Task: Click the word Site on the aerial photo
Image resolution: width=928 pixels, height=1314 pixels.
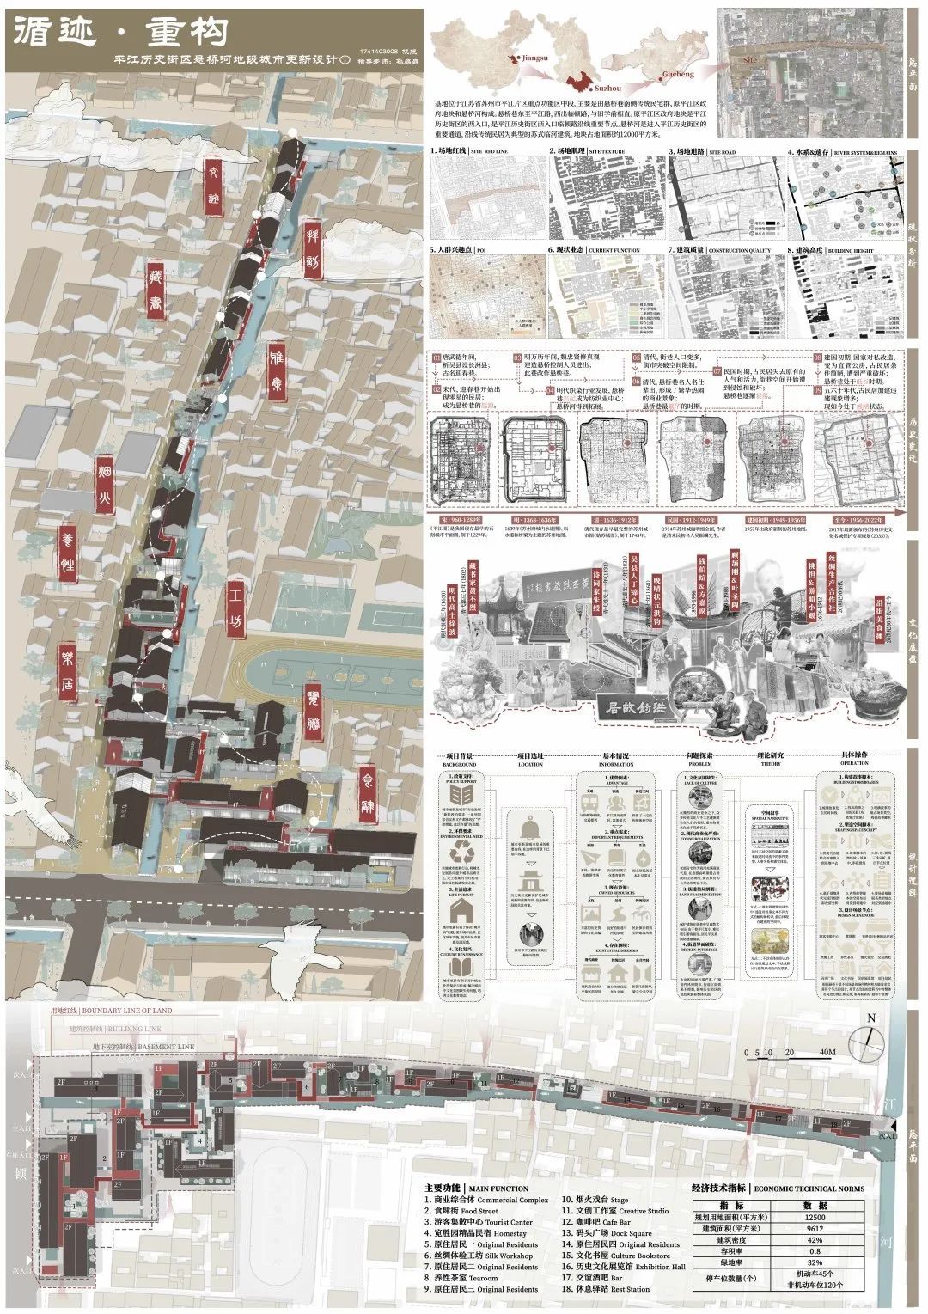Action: pos(750,61)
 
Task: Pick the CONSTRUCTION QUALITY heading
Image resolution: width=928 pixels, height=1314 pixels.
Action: pos(742,250)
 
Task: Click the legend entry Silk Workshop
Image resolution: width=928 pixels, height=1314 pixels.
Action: pos(500,1256)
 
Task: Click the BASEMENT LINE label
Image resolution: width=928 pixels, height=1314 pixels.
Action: pos(161,1046)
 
